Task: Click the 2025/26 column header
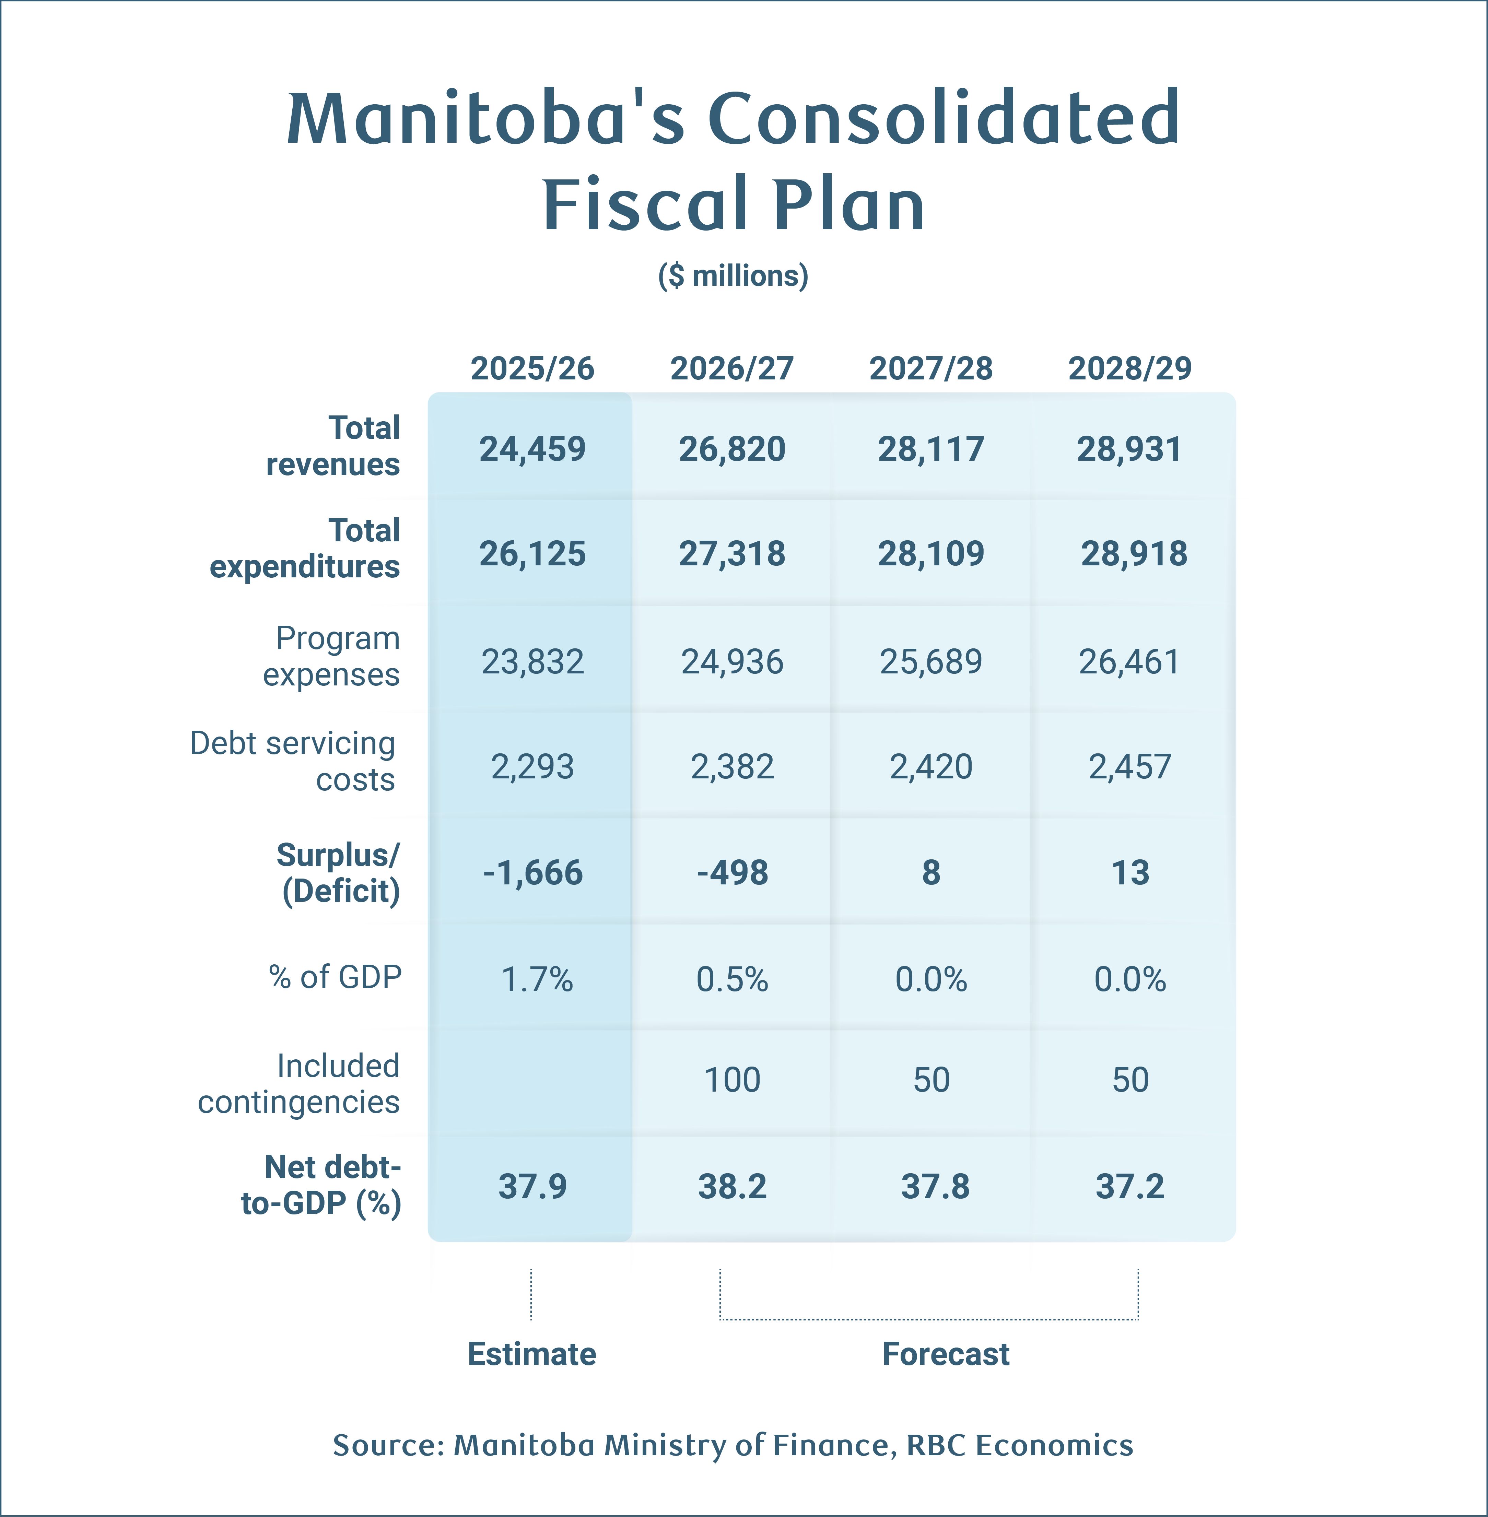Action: tap(532, 368)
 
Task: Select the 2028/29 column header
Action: tap(1130, 368)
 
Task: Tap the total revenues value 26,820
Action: tap(731, 449)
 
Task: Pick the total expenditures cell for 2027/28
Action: tap(931, 553)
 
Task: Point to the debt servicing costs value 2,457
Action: tap(1130, 767)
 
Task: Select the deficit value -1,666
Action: tap(532, 872)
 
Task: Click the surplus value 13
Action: tap(1130, 872)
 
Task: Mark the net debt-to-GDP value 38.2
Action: tap(731, 1186)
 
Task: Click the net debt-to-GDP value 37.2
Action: tap(1130, 1186)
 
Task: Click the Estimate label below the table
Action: tap(531, 1354)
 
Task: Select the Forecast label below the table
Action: tap(946, 1354)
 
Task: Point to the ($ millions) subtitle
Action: tap(733, 276)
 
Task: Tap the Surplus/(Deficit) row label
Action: tap(339, 872)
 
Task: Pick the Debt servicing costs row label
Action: tap(293, 761)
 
